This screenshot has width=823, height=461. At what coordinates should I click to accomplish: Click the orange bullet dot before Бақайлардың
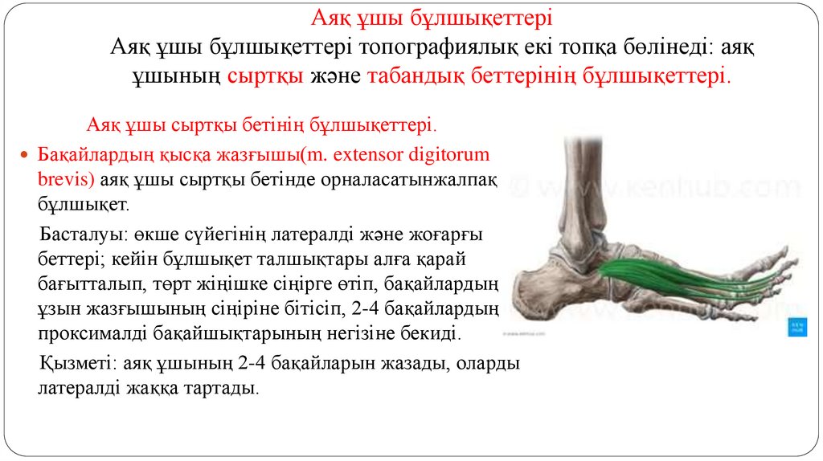(x=23, y=153)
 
